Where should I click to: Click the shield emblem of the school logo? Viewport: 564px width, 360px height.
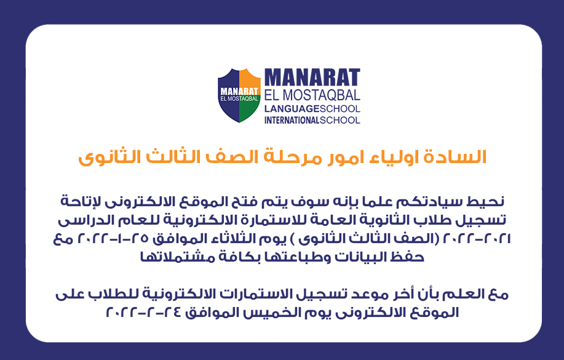(x=239, y=95)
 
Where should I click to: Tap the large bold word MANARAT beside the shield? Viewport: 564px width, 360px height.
(x=312, y=78)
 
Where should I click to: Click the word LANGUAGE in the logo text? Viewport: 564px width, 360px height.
(x=292, y=109)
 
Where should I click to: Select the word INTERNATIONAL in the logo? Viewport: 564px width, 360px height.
(x=292, y=120)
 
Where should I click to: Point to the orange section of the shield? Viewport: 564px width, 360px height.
(x=250, y=79)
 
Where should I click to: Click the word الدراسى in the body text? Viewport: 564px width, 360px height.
(x=80, y=220)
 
